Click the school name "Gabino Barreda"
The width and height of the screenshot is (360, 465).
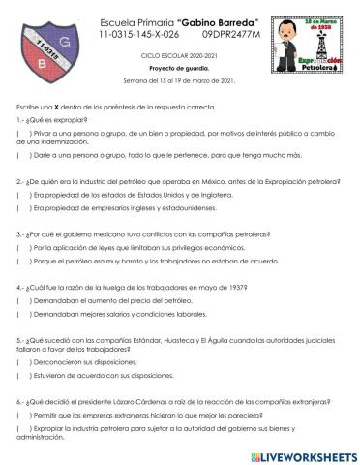(x=210, y=21)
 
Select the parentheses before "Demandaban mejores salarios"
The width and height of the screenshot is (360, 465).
(x=19, y=314)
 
